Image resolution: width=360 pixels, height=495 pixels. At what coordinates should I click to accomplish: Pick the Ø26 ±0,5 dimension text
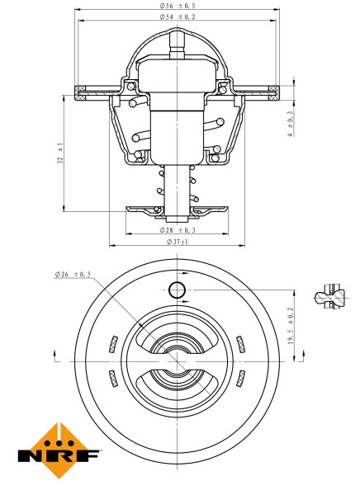73,274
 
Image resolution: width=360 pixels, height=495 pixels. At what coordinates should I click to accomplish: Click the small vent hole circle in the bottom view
176,290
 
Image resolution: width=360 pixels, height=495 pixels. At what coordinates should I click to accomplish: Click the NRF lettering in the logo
59,455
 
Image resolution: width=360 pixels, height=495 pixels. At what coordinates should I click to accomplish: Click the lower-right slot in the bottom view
240,378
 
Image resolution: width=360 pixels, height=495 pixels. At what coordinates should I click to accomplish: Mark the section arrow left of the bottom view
55,356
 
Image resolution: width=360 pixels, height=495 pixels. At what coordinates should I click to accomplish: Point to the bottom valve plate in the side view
176,210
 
